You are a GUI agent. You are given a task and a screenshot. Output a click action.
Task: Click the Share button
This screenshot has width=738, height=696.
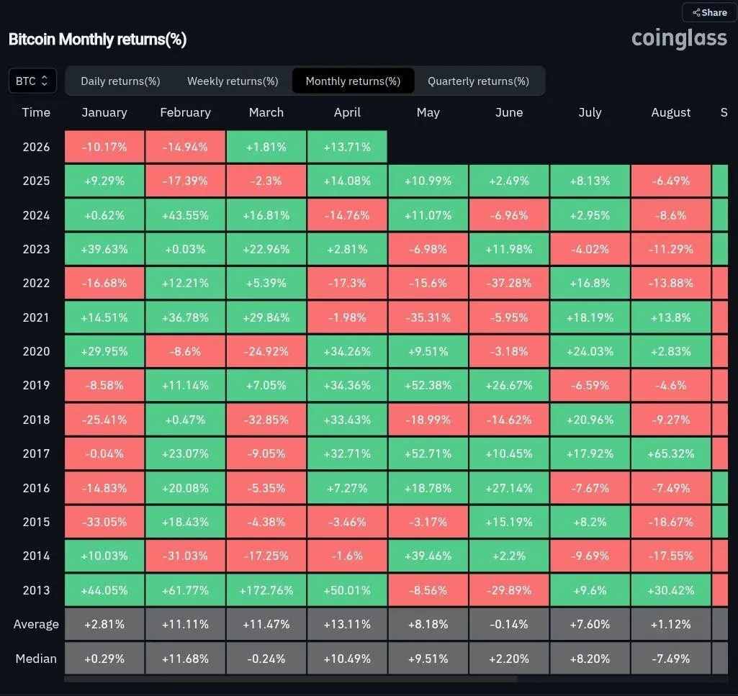(x=709, y=12)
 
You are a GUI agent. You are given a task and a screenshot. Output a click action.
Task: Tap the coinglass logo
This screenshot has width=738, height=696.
(x=679, y=38)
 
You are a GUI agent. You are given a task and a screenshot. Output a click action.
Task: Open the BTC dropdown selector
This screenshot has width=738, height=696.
(x=32, y=81)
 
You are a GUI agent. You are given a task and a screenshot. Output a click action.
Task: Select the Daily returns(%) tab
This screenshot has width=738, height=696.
(x=120, y=81)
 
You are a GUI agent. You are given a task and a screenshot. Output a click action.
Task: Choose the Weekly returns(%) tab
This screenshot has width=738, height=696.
(x=233, y=81)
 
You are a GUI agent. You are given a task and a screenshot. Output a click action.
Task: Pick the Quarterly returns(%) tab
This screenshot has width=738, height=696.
(x=478, y=81)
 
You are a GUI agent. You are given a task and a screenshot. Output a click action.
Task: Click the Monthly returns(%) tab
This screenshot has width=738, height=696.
(x=353, y=81)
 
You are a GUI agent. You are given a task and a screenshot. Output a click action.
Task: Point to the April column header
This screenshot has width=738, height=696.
(x=347, y=112)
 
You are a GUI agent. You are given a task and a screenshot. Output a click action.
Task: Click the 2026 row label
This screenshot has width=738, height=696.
(x=36, y=147)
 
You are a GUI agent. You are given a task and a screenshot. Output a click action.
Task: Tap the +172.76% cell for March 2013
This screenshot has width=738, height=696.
(x=266, y=590)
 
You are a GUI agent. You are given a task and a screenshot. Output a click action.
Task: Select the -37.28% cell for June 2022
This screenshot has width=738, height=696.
(x=509, y=283)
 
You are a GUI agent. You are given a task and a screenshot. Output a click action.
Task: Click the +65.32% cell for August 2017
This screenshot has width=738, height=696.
(x=670, y=453)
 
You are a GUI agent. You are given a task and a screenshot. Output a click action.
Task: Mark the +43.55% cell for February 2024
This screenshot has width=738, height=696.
(x=185, y=215)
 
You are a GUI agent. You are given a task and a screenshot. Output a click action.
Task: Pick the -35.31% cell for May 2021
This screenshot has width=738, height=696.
(x=428, y=317)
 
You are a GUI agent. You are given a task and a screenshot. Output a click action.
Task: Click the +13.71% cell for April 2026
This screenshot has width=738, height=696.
(x=347, y=147)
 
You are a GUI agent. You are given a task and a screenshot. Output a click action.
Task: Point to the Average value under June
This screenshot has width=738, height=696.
(x=509, y=624)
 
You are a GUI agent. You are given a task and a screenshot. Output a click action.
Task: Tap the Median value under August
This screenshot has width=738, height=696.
(x=670, y=659)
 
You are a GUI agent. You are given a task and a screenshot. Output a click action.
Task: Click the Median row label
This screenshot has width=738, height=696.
(x=36, y=659)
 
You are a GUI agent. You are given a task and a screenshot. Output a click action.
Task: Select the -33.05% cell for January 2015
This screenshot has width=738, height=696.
(x=104, y=522)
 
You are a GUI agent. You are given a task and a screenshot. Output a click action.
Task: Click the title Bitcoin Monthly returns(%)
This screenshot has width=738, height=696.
(x=97, y=40)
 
